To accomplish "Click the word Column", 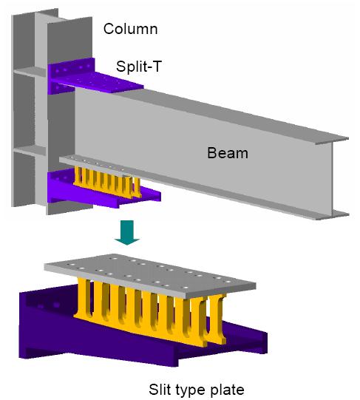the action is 130,29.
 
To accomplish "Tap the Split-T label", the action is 139,67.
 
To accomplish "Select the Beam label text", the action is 228,153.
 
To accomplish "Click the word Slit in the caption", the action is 160,390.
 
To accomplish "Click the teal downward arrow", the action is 127,232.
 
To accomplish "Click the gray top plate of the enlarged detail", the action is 150,276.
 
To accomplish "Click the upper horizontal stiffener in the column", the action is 30,71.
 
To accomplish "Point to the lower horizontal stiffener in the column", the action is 30,151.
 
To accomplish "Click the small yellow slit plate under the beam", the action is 107,182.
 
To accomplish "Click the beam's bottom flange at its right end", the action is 332,215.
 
